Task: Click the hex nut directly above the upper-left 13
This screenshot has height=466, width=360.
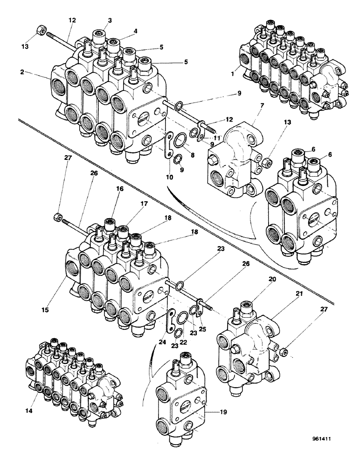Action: click(41, 32)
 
